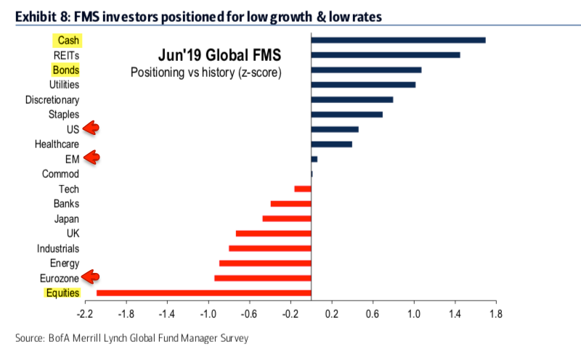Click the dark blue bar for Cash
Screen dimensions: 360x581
(398, 39)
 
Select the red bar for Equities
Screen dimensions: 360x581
(203, 293)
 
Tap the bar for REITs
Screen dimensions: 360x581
(385, 54)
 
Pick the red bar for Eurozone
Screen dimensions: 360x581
(262, 278)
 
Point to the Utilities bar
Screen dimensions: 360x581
(363, 85)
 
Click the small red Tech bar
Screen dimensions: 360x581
(302, 189)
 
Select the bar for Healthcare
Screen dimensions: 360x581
(331, 144)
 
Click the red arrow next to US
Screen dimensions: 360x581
(91, 128)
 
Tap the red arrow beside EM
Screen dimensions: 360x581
(91, 157)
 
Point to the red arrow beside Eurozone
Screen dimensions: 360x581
(91, 276)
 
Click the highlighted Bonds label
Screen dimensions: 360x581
(65, 70)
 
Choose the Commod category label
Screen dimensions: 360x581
(61, 174)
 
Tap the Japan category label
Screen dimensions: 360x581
(66, 218)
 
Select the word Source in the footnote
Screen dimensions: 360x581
(31, 337)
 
